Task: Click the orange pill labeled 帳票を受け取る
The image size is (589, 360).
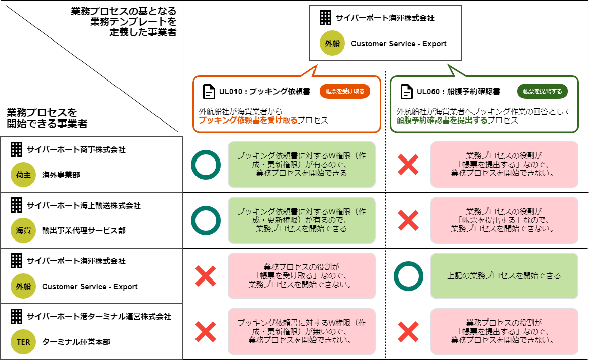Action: (x=345, y=91)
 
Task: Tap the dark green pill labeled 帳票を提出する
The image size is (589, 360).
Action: (x=542, y=91)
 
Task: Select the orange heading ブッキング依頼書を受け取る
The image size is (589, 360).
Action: (x=248, y=121)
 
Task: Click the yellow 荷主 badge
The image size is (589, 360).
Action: (x=23, y=175)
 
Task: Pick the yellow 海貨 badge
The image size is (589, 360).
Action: (x=23, y=231)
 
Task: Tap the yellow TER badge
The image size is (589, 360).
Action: (x=23, y=342)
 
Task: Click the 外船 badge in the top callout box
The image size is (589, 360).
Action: (x=332, y=44)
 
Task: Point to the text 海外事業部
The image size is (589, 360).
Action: (x=61, y=175)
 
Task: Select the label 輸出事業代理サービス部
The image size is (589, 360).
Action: (x=84, y=231)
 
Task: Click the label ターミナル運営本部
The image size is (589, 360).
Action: (x=76, y=342)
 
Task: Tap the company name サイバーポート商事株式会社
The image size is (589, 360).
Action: (x=76, y=150)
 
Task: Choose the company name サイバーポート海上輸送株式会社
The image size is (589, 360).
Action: (x=84, y=206)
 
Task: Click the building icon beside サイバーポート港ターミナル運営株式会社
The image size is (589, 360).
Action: (x=17, y=317)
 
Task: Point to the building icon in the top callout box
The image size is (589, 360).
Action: (x=325, y=18)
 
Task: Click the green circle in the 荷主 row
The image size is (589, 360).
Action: (x=206, y=165)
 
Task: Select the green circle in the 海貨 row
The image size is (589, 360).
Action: (x=206, y=220)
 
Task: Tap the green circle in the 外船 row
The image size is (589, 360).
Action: (x=408, y=276)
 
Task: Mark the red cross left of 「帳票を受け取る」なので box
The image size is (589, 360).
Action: (x=206, y=276)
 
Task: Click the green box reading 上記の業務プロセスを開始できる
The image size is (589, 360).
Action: (x=504, y=276)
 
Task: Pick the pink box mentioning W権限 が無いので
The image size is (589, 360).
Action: (x=301, y=331)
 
